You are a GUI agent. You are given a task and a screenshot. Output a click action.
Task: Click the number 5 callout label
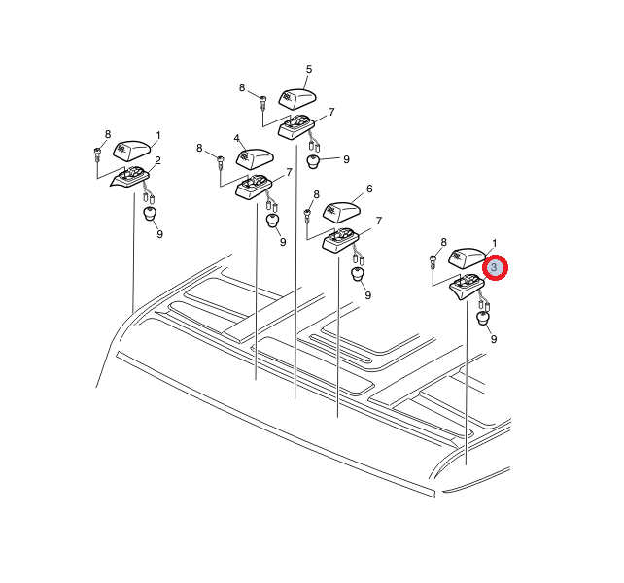click(x=309, y=69)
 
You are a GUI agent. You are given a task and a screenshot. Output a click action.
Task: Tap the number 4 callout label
click(x=237, y=139)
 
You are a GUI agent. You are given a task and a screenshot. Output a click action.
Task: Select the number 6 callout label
click(x=369, y=189)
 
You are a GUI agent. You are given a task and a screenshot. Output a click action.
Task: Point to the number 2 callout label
click(x=157, y=160)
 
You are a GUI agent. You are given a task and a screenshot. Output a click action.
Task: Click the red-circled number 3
click(x=495, y=267)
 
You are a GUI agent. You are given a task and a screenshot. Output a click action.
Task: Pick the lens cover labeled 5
click(x=297, y=98)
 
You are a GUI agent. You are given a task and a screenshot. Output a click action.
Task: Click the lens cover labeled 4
click(x=255, y=158)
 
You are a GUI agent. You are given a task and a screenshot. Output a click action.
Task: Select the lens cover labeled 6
click(x=341, y=213)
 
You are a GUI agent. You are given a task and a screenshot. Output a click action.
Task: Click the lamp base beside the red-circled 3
click(x=467, y=286)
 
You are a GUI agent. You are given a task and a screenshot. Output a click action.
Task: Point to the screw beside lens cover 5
click(x=262, y=102)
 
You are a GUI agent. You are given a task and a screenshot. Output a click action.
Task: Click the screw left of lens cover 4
click(x=220, y=163)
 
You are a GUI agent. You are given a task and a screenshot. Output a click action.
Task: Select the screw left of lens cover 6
click(x=307, y=216)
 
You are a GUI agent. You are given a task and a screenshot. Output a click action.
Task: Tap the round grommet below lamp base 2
click(x=150, y=214)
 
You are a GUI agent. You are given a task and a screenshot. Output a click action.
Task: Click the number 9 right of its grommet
click(x=346, y=159)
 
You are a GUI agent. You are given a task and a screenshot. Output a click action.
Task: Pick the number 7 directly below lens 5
click(x=331, y=112)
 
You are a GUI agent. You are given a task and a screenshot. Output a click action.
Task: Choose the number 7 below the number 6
click(x=378, y=221)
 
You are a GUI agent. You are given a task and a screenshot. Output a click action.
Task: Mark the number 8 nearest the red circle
click(x=444, y=242)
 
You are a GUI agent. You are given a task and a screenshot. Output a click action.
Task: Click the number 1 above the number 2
click(x=158, y=136)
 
